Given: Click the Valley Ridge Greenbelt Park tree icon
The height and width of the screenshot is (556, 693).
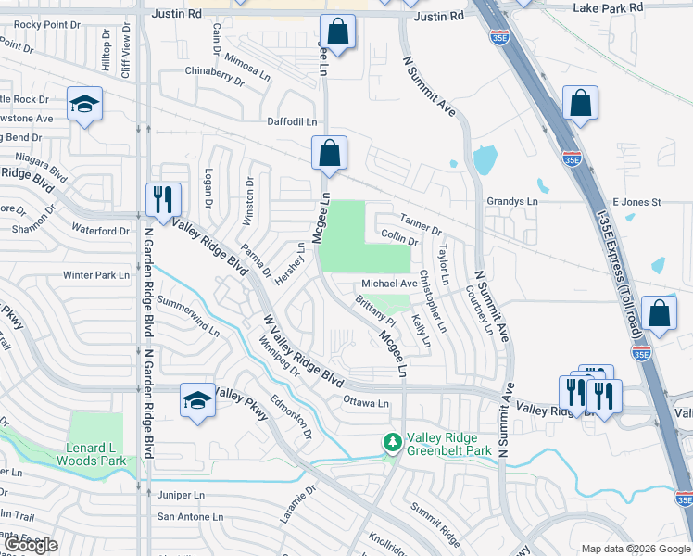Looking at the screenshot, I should pos(392,443).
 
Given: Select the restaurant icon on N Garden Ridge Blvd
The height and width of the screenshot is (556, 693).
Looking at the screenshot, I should pos(161,198).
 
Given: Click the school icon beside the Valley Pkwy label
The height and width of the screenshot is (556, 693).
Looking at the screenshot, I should pos(196,400).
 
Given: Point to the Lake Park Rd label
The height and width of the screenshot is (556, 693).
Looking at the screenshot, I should pos(607,7).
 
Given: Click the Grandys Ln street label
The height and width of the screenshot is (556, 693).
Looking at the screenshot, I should pos(511,201).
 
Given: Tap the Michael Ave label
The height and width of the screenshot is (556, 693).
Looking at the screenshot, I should pos(389,284).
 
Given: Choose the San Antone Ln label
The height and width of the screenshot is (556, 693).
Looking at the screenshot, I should pos(190,516).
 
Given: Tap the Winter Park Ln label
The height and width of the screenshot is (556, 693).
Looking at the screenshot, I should pos(95,275).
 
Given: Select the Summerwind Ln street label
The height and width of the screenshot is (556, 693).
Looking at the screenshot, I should pos(188,316).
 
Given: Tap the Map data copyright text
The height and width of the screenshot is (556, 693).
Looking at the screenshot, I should pos(635,549).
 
